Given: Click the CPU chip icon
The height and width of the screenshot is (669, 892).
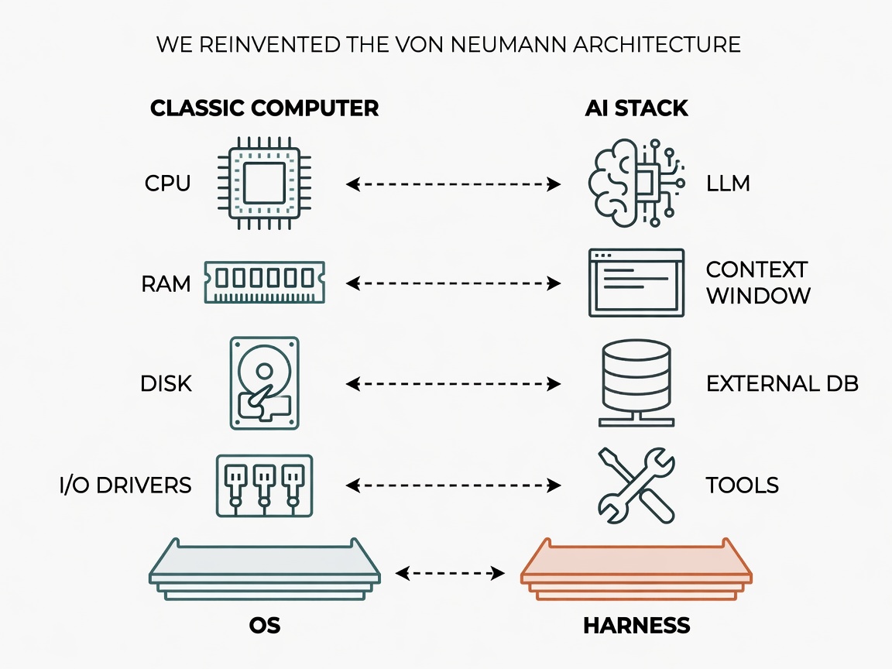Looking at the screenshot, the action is [x=265, y=184].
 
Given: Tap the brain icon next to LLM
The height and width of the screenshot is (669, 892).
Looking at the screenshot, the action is [x=636, y=184].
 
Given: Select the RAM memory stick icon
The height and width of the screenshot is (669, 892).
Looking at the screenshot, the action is [x=265, y=282].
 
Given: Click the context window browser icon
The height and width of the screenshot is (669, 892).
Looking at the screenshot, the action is [x=636, y=282].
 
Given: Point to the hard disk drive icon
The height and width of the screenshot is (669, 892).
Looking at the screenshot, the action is [x=265, y=383].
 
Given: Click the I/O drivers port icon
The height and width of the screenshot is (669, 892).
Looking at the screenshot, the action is [x=265, y=485].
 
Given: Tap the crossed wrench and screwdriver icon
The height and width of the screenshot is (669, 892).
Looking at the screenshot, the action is [x=636, y=485].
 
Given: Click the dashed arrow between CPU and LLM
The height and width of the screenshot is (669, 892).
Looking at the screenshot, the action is [x=454, y=184].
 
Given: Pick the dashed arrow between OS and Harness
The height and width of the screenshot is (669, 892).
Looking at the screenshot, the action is [x=450, y=573].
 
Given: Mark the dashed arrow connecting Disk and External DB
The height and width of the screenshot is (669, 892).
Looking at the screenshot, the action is [x=454, y=384].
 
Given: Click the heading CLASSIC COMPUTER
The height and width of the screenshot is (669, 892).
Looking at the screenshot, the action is [x=265, y=108].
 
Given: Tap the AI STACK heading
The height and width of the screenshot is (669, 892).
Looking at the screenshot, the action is [x=636, y=108].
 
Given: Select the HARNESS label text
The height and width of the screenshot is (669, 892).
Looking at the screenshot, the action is [x=636, y=626].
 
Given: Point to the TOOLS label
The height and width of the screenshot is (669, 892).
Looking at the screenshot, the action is [x=743, y=485].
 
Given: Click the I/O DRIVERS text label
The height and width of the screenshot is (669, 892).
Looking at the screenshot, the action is [x=125, y=485].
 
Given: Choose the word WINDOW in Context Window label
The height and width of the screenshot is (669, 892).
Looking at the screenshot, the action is [x=758, y=296].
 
